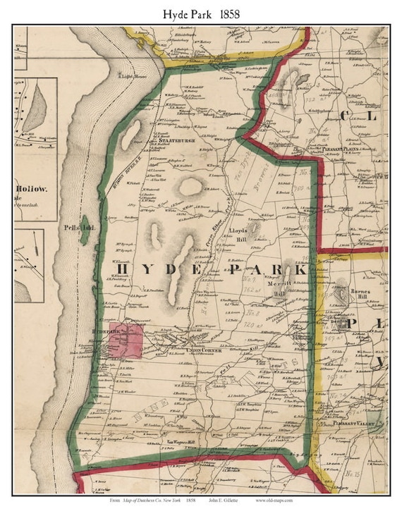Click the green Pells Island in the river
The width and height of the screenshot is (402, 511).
coord(85,233)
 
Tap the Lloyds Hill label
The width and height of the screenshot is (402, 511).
coord(236,234)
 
